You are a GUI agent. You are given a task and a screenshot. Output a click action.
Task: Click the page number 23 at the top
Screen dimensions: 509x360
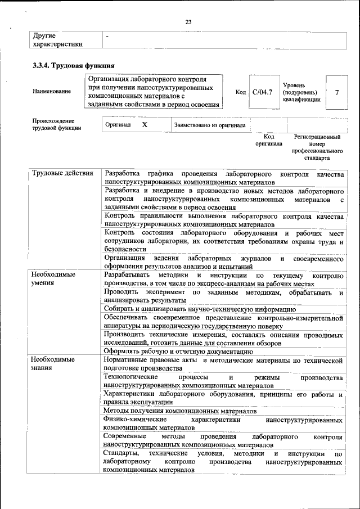188,22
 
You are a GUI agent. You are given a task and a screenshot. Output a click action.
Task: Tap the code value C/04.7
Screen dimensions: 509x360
262,92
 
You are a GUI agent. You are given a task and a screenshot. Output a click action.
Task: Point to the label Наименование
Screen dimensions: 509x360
52,92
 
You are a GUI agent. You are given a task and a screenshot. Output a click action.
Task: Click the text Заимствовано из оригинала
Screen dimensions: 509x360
209,125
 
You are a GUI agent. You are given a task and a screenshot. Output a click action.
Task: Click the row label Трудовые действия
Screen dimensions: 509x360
62,173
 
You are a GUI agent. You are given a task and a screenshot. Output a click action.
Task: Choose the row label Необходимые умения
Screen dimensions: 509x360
53,279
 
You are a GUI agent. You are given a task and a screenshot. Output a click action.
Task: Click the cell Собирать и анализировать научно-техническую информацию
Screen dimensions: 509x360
200,309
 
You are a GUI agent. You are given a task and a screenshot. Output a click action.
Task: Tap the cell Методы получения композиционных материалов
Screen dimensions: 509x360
181,412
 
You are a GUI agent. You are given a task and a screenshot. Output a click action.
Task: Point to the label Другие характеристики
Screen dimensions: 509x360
58,40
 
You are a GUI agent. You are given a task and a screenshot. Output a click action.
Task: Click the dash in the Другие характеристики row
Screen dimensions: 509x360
107,36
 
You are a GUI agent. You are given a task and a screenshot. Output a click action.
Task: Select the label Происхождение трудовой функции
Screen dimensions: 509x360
56,124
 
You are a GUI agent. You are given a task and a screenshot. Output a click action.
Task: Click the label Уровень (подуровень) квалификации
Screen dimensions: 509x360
301,92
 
